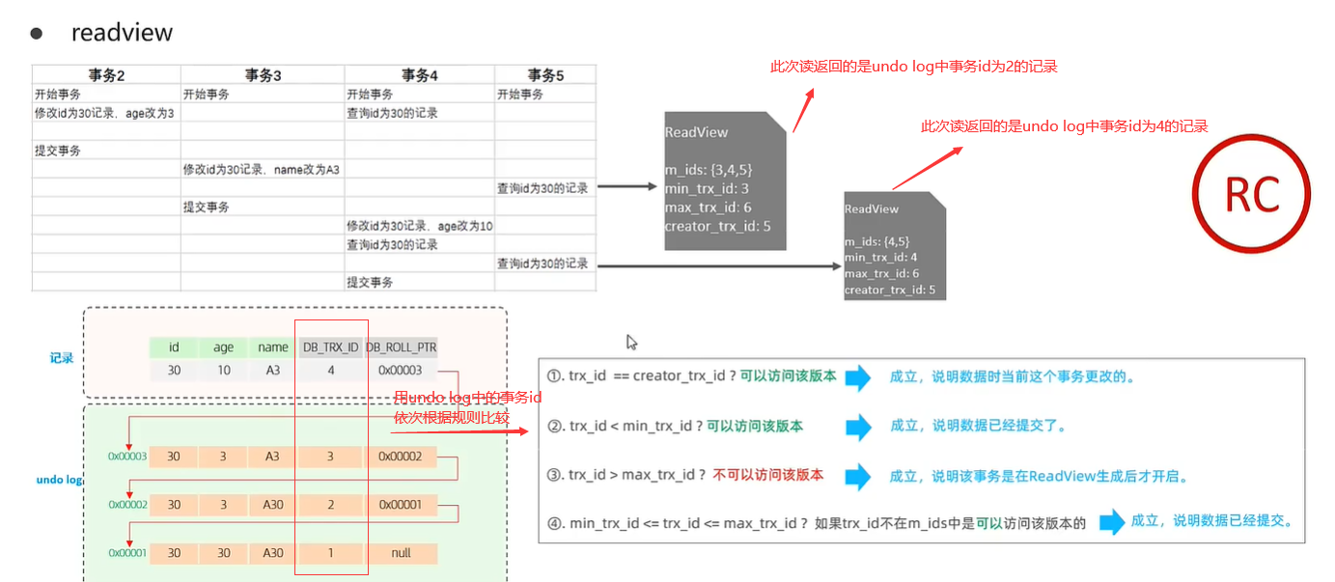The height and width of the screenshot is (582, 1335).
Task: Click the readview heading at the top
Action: click(122, 33)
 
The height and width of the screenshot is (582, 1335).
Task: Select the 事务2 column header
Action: click(106, 75)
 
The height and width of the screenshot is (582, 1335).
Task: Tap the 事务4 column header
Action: click(419, 75)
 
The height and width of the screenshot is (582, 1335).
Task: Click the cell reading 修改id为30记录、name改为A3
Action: click(261, 170)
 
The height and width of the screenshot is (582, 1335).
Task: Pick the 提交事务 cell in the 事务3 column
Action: click(206, 208)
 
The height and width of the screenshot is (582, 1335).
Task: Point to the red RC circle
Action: click(1252, 195)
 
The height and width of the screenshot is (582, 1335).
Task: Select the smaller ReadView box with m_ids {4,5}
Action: click(895, 246)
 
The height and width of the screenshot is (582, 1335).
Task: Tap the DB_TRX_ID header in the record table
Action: click(330, 347)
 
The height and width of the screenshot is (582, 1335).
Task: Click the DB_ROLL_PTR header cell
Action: click(402, 347)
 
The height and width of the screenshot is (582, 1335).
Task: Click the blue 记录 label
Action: click(62, 358)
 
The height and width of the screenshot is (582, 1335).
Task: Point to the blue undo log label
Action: click(59, 480)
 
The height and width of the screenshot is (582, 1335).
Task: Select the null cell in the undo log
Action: click(402, 553)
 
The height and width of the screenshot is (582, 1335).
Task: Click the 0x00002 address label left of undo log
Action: click(127, 505)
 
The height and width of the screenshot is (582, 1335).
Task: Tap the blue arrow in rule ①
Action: click(858, 377)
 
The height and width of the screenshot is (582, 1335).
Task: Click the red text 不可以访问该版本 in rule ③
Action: click(768, 475)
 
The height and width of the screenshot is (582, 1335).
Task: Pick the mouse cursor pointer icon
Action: click(632, 343)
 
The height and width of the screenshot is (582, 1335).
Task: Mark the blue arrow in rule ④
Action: click(1112, 523)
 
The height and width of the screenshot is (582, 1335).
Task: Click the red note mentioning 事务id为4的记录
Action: click(1065, 126)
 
